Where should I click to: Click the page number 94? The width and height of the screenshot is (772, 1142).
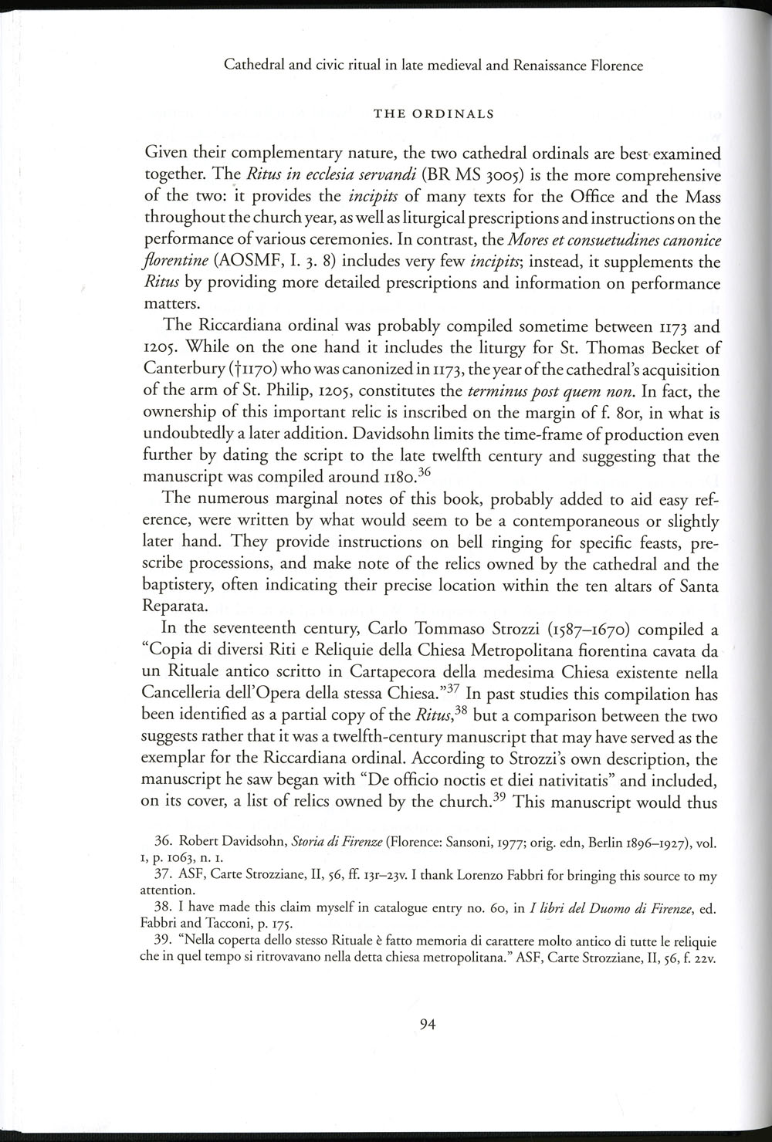click(428, 1025)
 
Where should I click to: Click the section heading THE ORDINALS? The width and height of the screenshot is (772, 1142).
click(433, 115)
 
